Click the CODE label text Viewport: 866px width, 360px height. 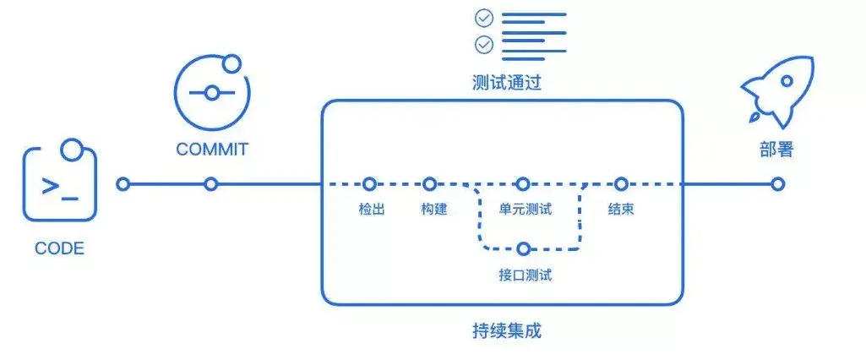tap(59, 248)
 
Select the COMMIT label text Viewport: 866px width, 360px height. tap(212, 150)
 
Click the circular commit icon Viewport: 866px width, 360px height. tap(211, 92)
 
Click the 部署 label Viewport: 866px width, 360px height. tap(776, 150)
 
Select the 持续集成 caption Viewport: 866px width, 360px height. tap(506, 330)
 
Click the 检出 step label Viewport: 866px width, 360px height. tap(372, 209)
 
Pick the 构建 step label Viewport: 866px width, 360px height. tap(433, 209)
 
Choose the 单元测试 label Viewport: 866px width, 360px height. tap(525, 209)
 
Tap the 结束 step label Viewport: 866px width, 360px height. tap(621, 209)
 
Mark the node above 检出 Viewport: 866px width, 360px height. tap(369, 183)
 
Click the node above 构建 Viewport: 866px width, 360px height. tap(430, 183)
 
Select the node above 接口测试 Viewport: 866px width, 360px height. tap(524, 248)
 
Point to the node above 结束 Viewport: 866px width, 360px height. tap(621, 183)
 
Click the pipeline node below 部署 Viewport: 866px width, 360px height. tap(777, 183)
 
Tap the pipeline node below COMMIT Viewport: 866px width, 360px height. tap(211, 183)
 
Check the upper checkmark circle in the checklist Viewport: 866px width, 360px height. tap(484, 18)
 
